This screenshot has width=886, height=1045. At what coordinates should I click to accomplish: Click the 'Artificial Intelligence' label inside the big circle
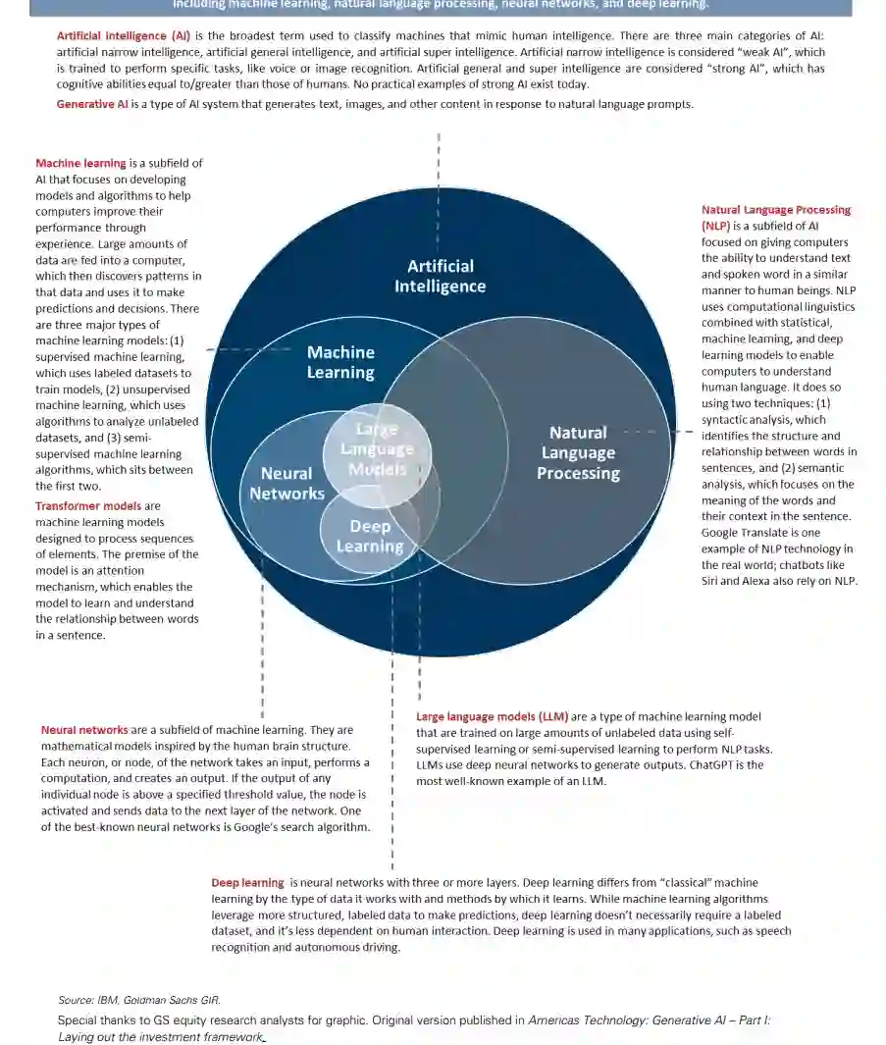coord(440,276)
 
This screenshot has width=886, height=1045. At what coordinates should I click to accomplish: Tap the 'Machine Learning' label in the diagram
coord(340,362)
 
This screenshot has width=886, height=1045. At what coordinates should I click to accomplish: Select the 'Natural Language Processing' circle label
coord(578,452)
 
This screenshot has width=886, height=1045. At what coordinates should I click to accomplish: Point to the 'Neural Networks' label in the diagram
coord(287,483)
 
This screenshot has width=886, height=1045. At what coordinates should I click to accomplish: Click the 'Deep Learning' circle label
coord(370,536)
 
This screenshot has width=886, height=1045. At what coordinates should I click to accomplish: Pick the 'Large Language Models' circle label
coord(377,448)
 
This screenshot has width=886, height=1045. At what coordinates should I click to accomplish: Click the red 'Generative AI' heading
coord(99,104)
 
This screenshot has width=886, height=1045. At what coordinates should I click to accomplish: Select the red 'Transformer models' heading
coord(89,506)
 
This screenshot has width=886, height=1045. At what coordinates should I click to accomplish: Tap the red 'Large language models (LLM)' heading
coord(491,717)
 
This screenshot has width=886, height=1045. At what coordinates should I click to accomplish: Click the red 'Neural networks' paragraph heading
coord(84,730)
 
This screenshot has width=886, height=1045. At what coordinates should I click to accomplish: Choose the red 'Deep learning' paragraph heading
coord(247,883)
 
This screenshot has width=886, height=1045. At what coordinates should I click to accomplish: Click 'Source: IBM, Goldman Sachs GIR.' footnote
coord(138,1000)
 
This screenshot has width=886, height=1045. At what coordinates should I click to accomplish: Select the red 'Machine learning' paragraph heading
coord(80,164)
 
